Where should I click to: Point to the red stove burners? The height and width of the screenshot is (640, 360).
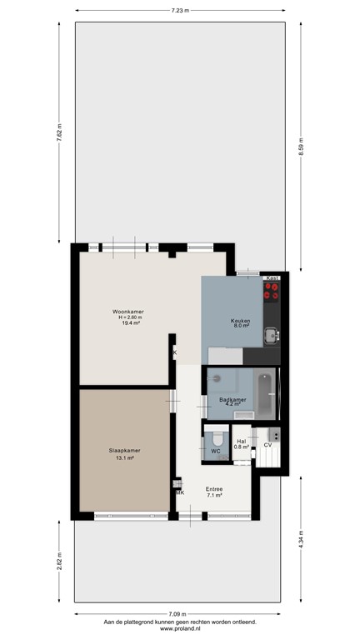[x=272, y=291]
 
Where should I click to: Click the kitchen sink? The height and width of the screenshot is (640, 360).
[x=271, y=336]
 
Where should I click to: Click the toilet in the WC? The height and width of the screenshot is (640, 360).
[x=216, y=438]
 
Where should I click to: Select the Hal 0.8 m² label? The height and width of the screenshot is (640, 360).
[x=241, y=444]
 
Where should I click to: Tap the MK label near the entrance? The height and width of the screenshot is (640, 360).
[x=179, y=492]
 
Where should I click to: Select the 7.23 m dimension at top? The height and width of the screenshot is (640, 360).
[x=180, y=11]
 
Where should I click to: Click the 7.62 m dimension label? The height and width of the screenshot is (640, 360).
[x=59, y=132]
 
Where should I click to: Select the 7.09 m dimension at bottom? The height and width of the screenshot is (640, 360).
[x=179, y=615]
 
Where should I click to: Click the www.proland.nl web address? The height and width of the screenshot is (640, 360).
[x=179, y=629]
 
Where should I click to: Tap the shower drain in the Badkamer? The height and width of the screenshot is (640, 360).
[x=215, y=377]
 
